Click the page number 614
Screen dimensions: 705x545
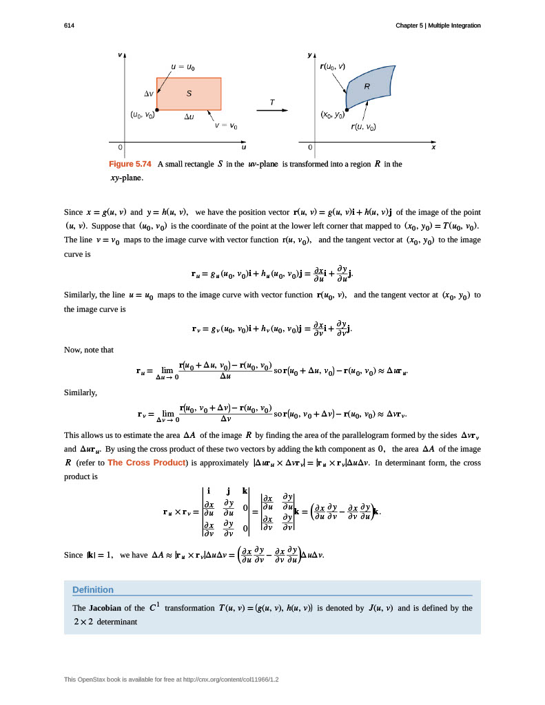(x=69, y=25)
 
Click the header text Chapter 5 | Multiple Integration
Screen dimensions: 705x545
(x=438, y=25)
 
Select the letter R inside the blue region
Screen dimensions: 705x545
(x=367, y=87)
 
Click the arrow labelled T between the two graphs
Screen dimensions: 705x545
(x=272, y=109)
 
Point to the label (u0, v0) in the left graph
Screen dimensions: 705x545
(x=143, y=116)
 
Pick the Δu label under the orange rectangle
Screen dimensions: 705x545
(x=189, y=117)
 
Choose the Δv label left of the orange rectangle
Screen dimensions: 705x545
(x=148, y=93)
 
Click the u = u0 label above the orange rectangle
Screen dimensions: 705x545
(x=183, y=67)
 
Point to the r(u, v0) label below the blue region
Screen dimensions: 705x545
(x=363, y=127)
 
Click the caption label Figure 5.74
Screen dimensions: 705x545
(x=130, y=165)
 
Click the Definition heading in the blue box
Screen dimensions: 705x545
(x=93, y=589)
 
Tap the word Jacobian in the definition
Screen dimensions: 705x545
(x=108, y=609)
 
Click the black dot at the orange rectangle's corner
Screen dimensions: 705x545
(x=157, y=109)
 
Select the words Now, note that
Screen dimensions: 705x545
(x=88, y=350)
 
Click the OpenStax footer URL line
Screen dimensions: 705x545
(x=171, y=680)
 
